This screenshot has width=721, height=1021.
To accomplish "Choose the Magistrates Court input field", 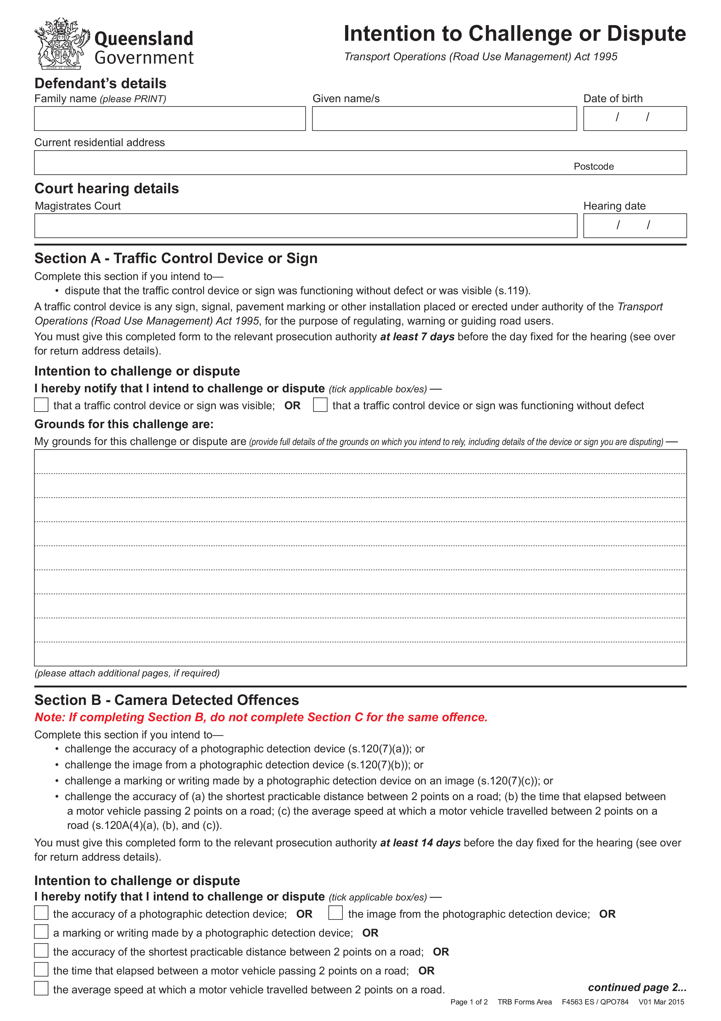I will tap(306, 226).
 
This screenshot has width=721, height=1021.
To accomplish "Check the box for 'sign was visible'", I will tap(41, 405).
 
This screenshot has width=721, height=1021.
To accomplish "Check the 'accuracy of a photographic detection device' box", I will tap(41, 913).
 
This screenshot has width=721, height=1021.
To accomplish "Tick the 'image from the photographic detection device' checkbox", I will tap(335, 913).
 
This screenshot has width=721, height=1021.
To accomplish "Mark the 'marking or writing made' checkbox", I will tap(41, 932).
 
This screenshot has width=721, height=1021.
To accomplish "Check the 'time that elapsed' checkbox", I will tap(41, 969).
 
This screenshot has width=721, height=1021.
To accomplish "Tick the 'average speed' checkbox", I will tap(41, 988).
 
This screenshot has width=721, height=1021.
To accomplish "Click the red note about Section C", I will tap(261, 717).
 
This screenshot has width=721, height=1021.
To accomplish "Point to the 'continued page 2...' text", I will tap(637, 987).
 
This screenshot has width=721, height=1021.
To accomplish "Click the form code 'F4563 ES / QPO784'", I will tap(595, 1002).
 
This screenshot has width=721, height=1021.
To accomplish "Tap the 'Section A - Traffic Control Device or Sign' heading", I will tap(176, 258).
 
